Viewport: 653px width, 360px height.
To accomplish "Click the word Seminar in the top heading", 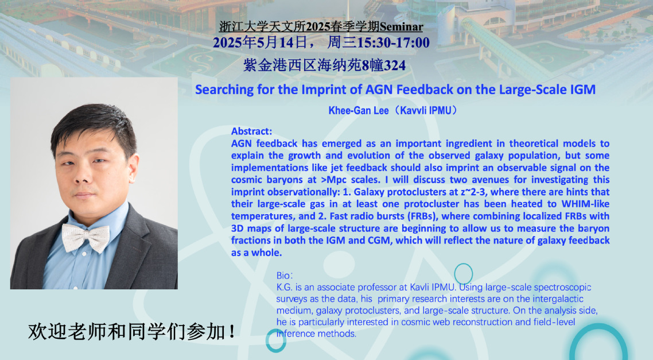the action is point(401,26).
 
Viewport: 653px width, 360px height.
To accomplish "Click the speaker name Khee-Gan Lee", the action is point(359,110).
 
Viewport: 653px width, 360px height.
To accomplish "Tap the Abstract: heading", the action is point(251,131).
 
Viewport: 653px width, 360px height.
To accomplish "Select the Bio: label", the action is point(285,276).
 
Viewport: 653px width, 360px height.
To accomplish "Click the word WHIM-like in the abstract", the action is point(585,204).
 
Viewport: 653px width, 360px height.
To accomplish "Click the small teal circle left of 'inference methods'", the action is point(275,341).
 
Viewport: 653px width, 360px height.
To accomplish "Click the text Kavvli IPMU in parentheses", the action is point(426,110).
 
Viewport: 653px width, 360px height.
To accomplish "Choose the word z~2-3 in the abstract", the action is point(473,192).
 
